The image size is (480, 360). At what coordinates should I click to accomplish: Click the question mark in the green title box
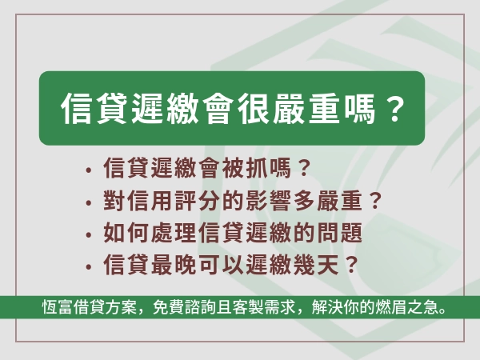click(x=390, y=110)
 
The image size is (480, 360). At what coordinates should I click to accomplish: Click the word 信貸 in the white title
click(x=91, y=110)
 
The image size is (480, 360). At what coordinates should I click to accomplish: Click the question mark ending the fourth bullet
click(x=349, y=266)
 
